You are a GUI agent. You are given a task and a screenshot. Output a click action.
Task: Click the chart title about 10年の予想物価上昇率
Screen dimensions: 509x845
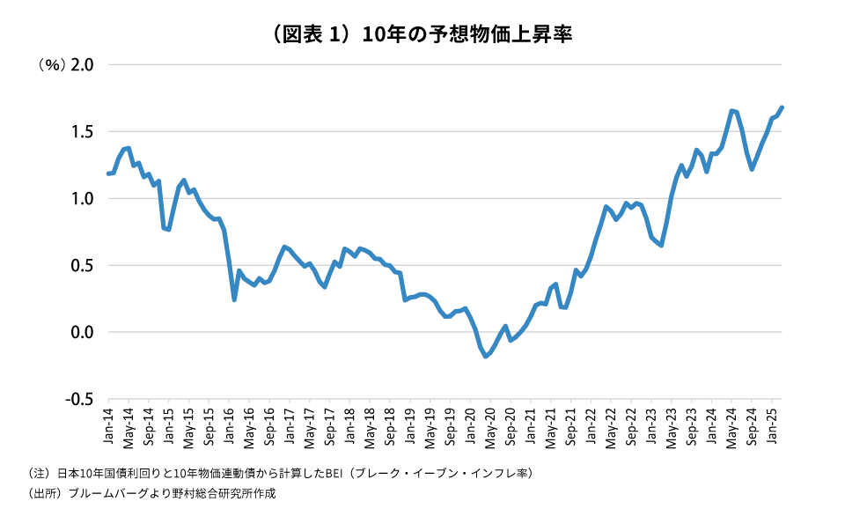423,34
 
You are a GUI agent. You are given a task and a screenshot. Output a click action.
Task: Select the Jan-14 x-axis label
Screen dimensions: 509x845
108,424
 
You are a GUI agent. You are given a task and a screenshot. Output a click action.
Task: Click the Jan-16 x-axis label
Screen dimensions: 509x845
229,424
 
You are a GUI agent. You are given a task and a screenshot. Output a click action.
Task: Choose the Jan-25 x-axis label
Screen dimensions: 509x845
772,424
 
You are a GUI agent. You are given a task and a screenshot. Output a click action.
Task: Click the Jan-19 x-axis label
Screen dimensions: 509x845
410,424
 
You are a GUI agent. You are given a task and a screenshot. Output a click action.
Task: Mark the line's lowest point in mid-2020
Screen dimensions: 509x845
485,357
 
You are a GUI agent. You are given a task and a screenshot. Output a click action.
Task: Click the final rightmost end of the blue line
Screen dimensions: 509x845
782,107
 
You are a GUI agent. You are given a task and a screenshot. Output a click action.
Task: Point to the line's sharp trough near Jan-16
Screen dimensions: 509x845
234,299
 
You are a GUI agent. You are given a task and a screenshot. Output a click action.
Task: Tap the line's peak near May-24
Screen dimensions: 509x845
731,111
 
